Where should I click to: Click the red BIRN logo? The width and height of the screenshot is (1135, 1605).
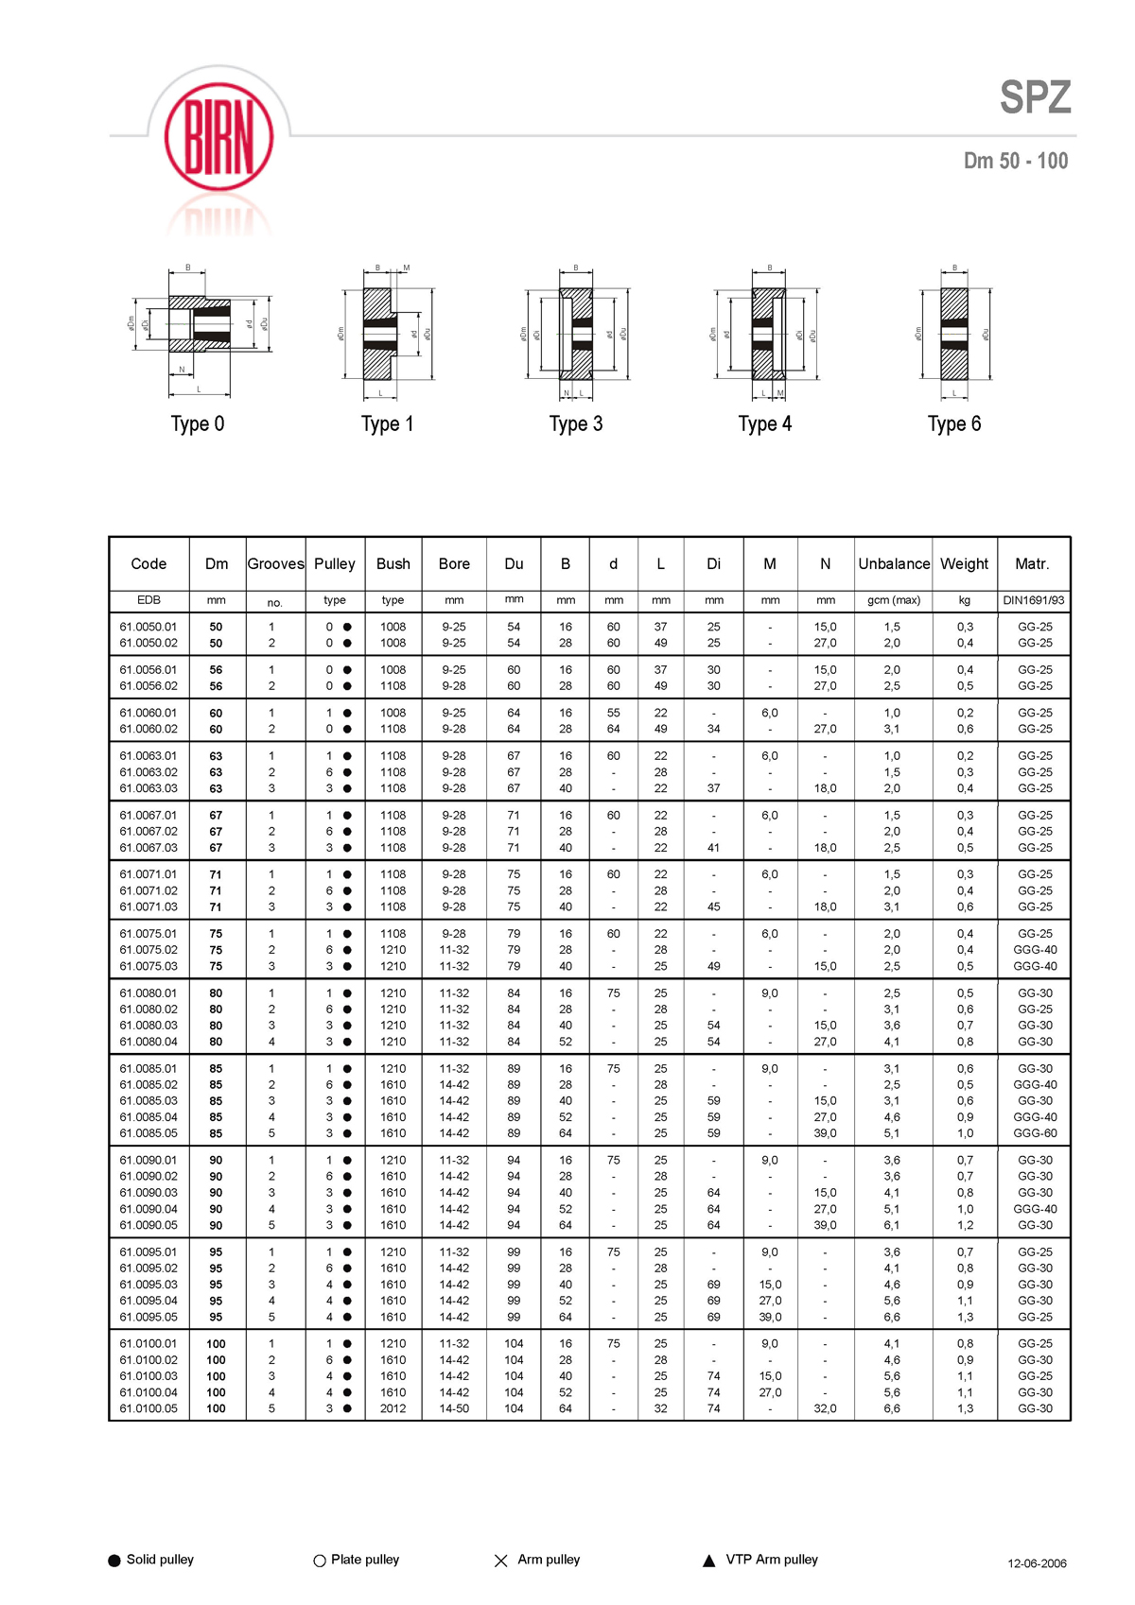click(218, 138)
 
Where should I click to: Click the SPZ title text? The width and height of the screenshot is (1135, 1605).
click(1035, 98)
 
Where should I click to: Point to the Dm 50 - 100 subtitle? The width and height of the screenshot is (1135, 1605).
click(1015, 161)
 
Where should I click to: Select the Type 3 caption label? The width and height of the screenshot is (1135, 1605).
click(575, 424)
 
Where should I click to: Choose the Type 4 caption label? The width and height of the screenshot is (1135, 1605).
click(764, 424)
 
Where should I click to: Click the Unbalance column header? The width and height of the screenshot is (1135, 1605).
click(894, 564)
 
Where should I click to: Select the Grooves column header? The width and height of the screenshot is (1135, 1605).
click(275, 564)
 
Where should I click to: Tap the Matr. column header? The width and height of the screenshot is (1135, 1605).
click(1032, 564)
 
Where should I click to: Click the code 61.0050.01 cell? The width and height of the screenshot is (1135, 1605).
click(148, 627)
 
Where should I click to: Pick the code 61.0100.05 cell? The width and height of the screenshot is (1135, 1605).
click(148, 1408)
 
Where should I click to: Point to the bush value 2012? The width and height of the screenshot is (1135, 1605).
click(393, 1408)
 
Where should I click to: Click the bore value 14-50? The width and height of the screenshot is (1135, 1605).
click(454, 1408)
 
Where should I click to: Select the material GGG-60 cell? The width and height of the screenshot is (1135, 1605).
click(1035, 1133)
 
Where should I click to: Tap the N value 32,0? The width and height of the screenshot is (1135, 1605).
click(825, 1408)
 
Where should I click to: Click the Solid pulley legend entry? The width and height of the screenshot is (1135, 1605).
click(151, 1560)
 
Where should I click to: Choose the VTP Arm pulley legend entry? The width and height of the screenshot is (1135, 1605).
click(761, 1560)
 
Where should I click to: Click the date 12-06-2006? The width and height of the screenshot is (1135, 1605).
click(1037, 1563)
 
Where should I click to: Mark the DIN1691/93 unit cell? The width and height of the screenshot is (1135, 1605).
click(1034, 600)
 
